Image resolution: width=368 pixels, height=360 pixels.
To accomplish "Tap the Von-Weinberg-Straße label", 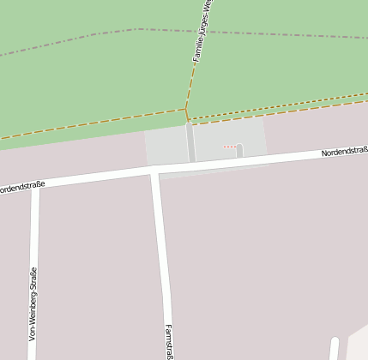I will tap(33, 303).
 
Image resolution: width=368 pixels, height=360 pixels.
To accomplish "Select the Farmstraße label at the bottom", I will tap(169, 341).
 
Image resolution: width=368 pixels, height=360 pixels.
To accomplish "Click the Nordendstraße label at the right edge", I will tap(345, 153).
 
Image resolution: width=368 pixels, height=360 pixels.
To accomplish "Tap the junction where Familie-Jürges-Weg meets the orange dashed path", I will tap(186, 110).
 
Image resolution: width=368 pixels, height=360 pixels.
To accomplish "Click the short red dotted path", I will tap(229, 147).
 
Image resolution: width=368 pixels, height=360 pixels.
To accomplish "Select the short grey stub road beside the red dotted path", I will tap(239, 152).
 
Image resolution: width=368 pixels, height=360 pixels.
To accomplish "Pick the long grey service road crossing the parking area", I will tap(190, 142).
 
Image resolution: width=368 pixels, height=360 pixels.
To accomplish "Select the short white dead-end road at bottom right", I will tap(334, 350).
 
